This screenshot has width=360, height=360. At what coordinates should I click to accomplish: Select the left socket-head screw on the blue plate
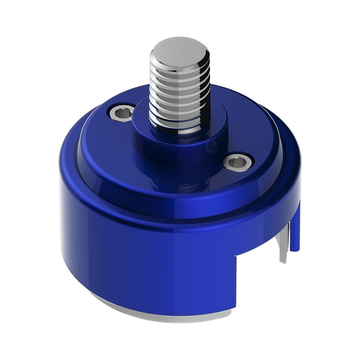[121, 112]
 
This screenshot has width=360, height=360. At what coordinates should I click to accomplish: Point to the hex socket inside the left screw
[122, 112]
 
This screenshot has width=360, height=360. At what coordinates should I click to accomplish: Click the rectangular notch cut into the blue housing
[258, 279]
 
